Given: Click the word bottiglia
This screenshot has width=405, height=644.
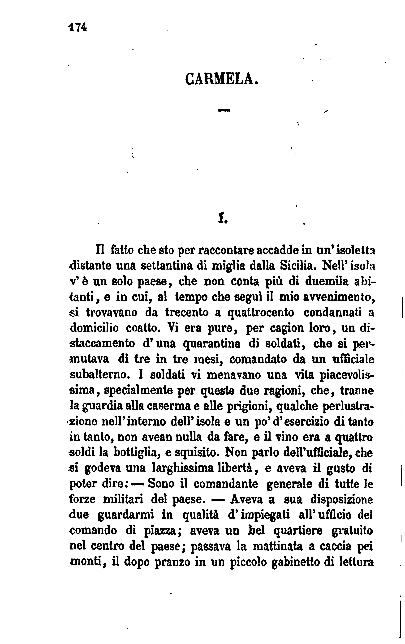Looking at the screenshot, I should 136,453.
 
